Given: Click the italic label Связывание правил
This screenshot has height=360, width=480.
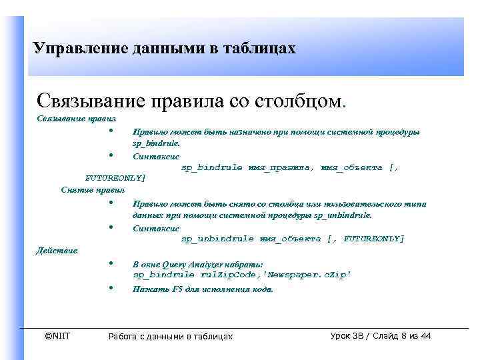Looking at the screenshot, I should pyautogui.click(x=67, y=119).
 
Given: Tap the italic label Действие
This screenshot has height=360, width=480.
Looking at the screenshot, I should pyautogui.click(x=56, y=251).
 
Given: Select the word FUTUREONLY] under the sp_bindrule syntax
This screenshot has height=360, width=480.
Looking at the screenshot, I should pyautogui.click(x=115, y=179).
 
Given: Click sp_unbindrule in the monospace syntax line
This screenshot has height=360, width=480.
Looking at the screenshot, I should pyautogui.click(x=217, y=239).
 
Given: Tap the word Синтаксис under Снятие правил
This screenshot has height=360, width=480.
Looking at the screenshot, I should pyautogui.click(x=152, y=228).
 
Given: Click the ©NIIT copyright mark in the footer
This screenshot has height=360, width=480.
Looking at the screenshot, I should pyautogui.click(x=57, y=336).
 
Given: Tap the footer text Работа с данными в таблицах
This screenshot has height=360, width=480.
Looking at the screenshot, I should pyautogui.click(x=171, y=337).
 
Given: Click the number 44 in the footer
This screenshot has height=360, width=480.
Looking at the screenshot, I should pyautogui.click(x=426, y=336).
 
